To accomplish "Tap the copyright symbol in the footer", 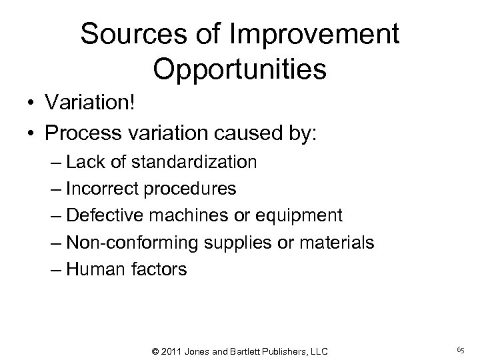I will click(x=156, y=351).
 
